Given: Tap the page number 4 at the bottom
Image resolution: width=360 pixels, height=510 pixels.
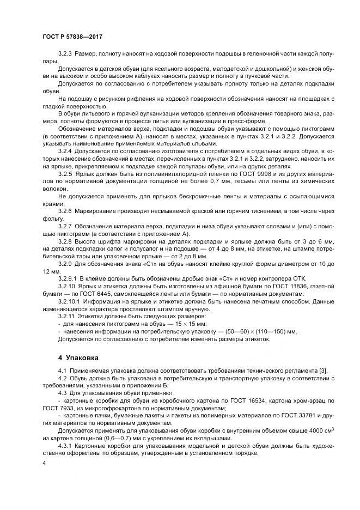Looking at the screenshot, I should [x=44, y=463].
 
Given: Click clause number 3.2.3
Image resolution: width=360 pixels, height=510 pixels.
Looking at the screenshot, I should [x=65, y=55].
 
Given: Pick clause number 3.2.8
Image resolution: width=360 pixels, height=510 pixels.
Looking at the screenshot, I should [x=65, y=240].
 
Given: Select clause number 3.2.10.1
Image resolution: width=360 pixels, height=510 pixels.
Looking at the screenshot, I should [x=69, y=299].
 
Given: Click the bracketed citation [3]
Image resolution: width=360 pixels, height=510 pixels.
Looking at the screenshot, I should [x=325, y=371].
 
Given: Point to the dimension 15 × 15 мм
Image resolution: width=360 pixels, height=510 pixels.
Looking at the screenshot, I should [x=164, y=323].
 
